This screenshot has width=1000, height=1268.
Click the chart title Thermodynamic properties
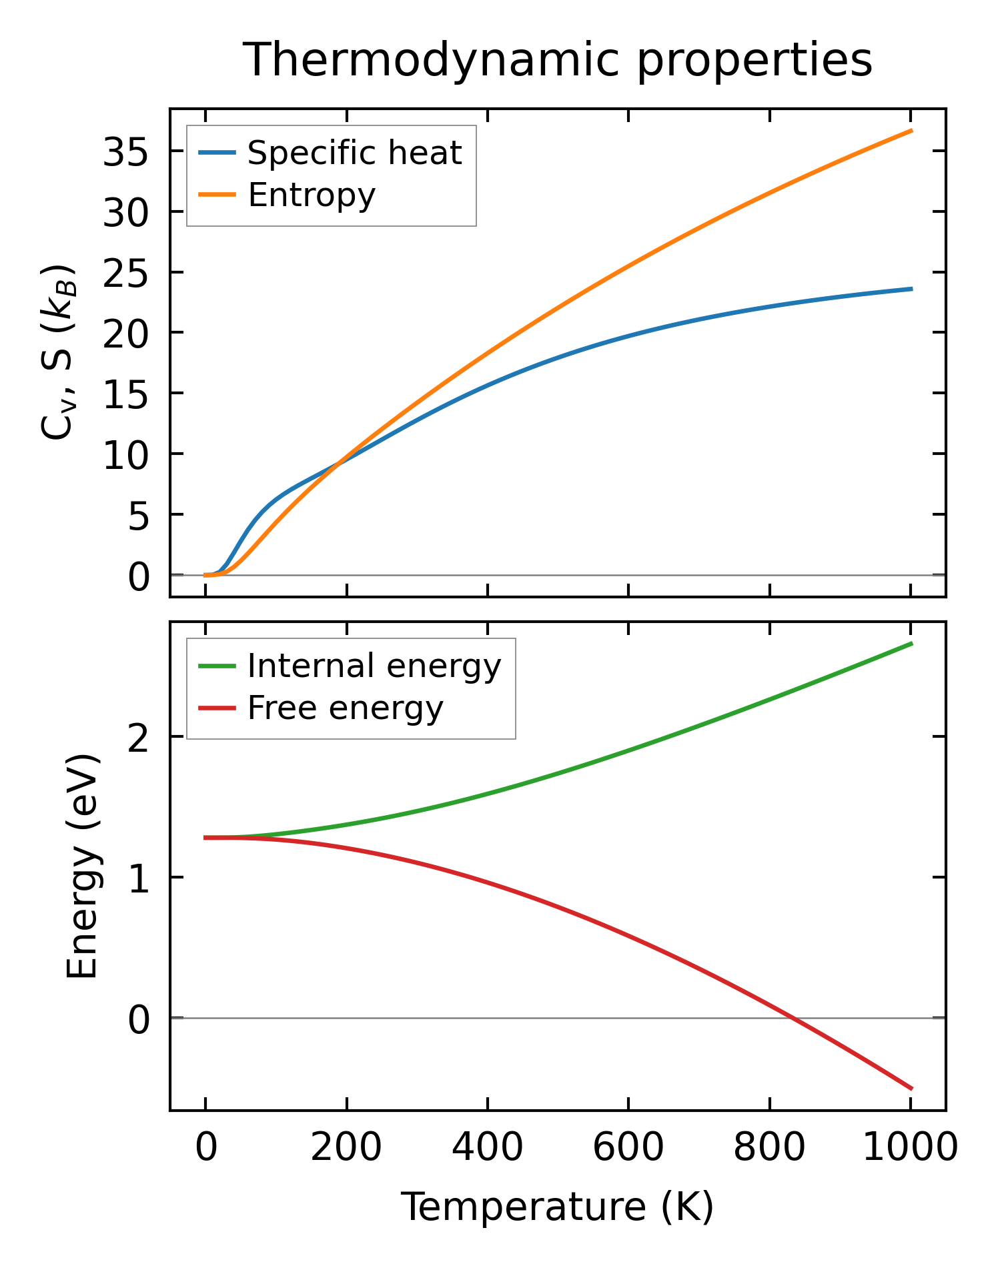[557, 60]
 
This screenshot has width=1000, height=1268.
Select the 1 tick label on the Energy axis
[138, 879]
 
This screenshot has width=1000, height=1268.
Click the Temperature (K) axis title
[557, 1207]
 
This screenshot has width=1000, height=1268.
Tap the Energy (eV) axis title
[83, 866]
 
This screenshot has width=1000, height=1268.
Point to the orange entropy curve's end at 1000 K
[911, 131]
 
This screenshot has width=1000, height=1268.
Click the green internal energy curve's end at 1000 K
[911, 644]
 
